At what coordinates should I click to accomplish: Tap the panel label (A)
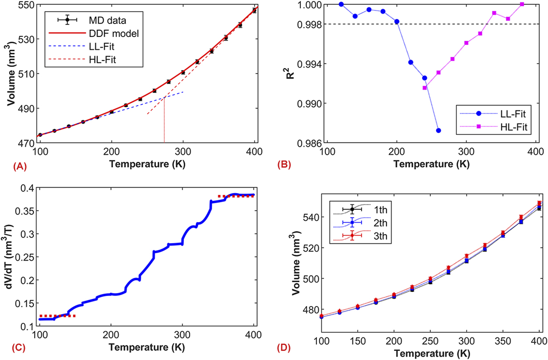pyautogui.click(x=20, y=166)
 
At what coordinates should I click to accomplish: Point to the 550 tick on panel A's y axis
pyautogui.click(x=27, y=5)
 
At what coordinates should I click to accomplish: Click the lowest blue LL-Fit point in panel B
pyautogui.click(x=439, y=131)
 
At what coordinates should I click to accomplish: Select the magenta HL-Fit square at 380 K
pyautogui.click(x=522, y=4)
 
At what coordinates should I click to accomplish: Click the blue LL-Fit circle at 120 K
pyautogui.click(x=341, y=4)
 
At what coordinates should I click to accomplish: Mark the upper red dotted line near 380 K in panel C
pyautogui.click(x=236, y=196)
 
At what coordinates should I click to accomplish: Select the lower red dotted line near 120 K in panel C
pyautogui.click(x=58, y=316)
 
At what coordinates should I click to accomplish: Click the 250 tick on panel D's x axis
pyautogui.click(x=430, y=341)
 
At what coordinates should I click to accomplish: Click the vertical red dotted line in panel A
pyautogui.click(x=164, y=121)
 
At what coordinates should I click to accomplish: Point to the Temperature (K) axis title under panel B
pyautogui.click(x=431, y=164)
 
